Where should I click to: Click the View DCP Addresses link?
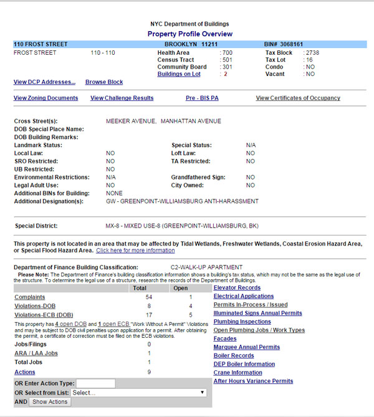[x=44, y=82]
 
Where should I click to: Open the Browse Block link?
[x=104, y=82]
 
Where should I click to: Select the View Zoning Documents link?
[x=46, y=98]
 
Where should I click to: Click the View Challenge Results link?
[x=122, y=98]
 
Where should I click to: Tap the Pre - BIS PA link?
[x=202, y=98]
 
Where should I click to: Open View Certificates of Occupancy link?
[x=298, y=98]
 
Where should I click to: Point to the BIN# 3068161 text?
[x=284, y=45]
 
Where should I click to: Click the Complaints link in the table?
[x=29, y=297]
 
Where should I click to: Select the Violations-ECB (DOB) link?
[x=44, y=315]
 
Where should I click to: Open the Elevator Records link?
[x=237, y=288]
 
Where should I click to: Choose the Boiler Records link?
[x=234, y=355]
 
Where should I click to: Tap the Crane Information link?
[x=238, y=372]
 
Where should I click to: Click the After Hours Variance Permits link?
[x=253, y=381]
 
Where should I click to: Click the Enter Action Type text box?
[x=95, y=383]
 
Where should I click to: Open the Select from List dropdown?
[x=138, y=393]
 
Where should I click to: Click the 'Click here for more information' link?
[x=135, y=251]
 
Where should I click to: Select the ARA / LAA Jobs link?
[x=36, y=353]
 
